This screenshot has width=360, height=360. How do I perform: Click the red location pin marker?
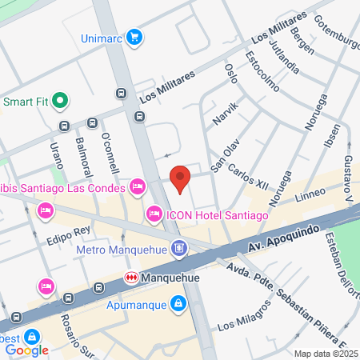pyautogui.click(x=181, y=178)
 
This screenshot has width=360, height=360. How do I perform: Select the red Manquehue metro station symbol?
pyautogui.click(x=129, y=277)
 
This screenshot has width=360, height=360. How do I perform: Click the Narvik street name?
pyautogui.click(x=225, y=116)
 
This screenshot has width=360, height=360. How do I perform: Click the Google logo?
pyautogui.click(x=27, y=350)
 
